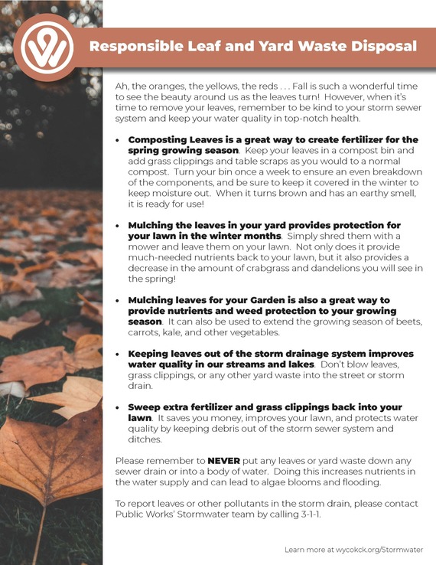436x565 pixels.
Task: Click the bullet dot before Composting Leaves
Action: [x=117, y=141]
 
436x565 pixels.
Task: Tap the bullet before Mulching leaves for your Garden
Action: [x=117, y=301]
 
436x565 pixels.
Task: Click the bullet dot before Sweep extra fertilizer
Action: [x=117, y=407]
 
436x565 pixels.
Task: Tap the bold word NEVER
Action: [x=223, y=461]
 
